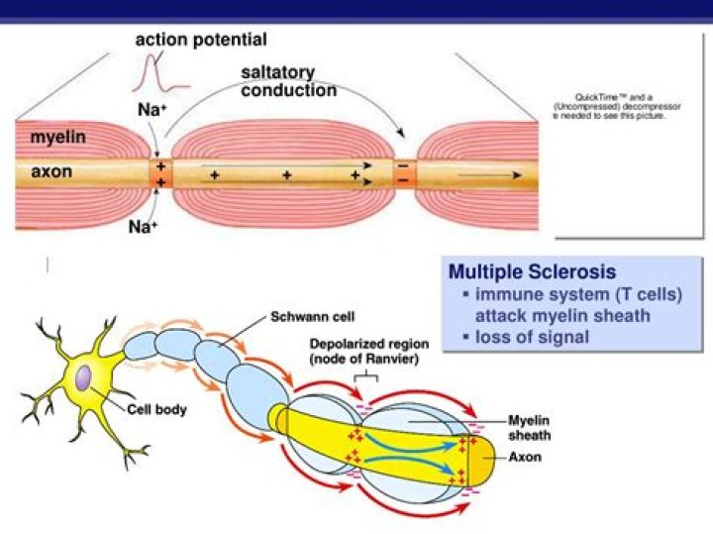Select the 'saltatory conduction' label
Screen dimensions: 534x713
pos(288,82)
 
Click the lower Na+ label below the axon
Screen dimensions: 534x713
pos(144,227)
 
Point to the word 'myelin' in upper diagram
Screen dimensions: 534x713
pos(57,138)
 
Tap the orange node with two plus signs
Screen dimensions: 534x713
pos(160,175)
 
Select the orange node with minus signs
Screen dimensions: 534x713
pos(402,173)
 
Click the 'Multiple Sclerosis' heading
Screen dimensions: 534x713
pos(532,271)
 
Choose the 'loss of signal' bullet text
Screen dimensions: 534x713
pos(532,337)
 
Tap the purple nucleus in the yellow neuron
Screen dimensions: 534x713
pos(86,377)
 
